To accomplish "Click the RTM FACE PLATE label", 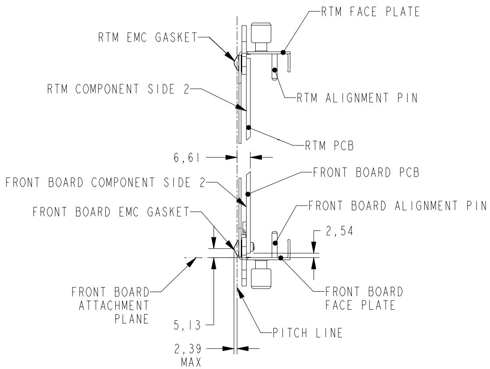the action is click(x=370, y=12).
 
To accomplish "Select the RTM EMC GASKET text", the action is click(x=148, y=37).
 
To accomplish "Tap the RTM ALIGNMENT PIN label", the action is click(x=357, y=98).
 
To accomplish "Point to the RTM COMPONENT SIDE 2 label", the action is click(x=118, y=89).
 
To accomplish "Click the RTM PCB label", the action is click(x=329, y=145).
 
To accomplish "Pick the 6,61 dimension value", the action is click(x=187, y=158).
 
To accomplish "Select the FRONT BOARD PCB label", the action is click(x=366, y=173).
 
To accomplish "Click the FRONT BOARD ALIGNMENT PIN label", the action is click(x=397, y=206).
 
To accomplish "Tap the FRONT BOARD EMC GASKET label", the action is click(x=111, y=212).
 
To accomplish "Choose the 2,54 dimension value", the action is click(x=340, y=232).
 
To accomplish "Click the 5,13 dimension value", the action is click(x=187, y=325).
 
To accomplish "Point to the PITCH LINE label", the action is click(x=308, y=333).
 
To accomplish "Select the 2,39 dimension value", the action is click(x=188, y=349).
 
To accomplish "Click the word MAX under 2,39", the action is click(x=191, y=362).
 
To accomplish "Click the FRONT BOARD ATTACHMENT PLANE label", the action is click(x=110, y=305).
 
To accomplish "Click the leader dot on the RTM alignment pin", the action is click(x=275, y=70).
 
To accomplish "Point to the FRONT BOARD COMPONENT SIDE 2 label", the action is click(x=105, y=182).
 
